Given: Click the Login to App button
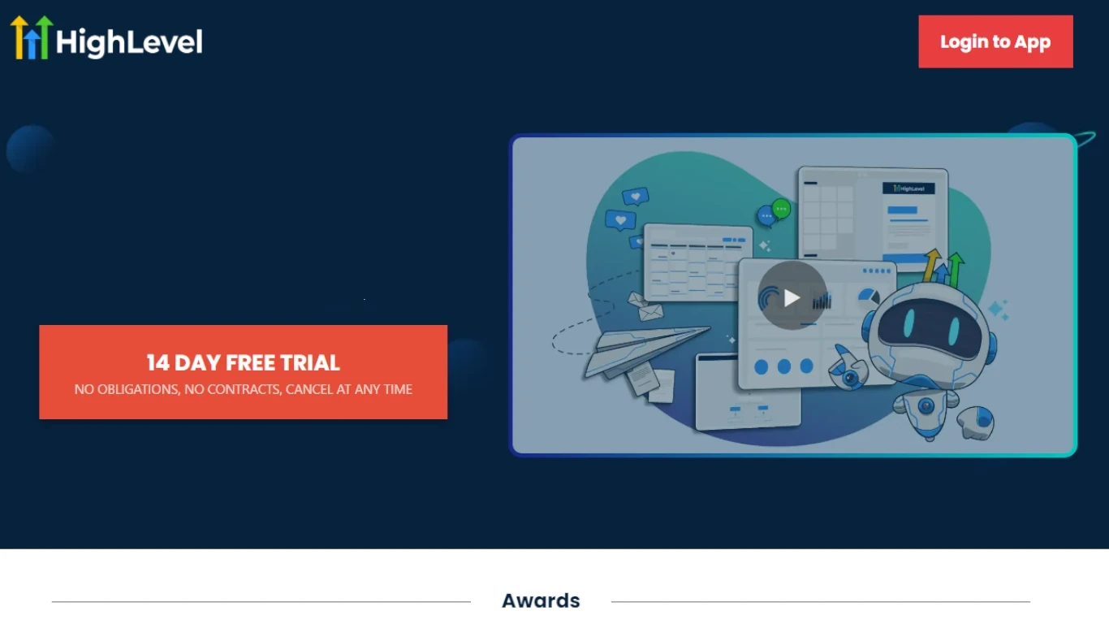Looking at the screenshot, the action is click(995, 41).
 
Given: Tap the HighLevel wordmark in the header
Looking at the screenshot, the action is click(129, 41).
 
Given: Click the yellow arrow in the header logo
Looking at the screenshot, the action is click(19, 37).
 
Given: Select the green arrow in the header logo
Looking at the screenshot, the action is click(44, 37).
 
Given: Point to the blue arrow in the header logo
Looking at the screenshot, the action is click(32, 45).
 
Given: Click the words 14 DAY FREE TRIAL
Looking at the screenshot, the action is click(243, 363).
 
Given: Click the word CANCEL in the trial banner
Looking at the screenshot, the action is click(309, 389).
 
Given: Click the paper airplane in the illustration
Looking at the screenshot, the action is click(644, 349).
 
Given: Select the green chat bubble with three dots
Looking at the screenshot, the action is click(781, 209).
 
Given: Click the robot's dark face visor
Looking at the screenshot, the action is click(931, 327).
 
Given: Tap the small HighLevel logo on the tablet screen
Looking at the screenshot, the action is click(908, 188).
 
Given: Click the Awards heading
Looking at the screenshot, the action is click(541, 600).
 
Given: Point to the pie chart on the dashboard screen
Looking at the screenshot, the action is click(868, 297).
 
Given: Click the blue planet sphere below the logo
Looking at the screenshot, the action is click(31, 149).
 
